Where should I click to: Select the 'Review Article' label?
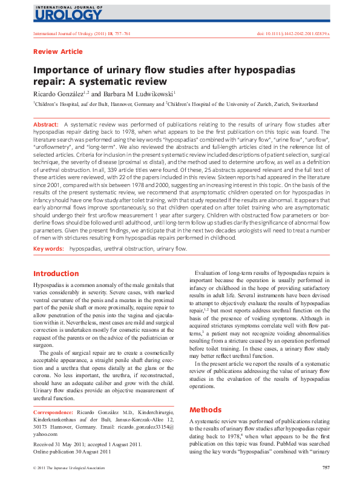58,52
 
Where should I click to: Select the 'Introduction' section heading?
56,274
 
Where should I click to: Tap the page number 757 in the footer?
326,467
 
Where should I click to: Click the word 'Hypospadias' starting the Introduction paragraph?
49,285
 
